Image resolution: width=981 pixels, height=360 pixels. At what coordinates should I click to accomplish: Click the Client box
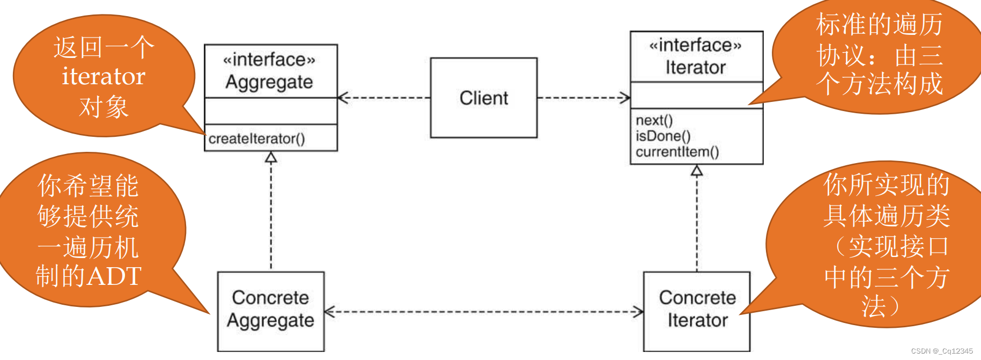coord(483,98)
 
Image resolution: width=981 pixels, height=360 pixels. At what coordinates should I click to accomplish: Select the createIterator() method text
coord(256,139)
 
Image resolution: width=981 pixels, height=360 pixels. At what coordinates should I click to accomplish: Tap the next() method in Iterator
coord(654,120)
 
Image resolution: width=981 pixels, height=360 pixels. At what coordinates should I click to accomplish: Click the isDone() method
coord(663,136)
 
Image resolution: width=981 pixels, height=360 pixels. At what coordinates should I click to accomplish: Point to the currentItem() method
coord(677,152)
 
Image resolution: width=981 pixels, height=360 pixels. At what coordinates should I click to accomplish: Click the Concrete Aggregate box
coord(270,311)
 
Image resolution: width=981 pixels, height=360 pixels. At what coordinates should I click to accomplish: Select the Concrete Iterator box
coord(696,311)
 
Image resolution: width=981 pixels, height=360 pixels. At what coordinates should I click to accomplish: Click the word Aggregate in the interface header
coord(269,82)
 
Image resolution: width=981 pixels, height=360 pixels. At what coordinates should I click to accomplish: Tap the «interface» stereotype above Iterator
coord(695,45)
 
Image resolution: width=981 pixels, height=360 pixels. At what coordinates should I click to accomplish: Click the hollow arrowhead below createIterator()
coord(271,157)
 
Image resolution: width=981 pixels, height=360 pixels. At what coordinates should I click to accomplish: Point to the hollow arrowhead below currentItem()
coord(697,171)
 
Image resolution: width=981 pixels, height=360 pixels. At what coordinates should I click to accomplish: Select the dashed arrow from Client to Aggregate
coord(383,98)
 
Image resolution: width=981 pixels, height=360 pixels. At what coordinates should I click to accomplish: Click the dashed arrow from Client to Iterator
coord(584,98)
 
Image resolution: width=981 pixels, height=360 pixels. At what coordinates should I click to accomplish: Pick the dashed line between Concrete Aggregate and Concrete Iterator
coord(483,312)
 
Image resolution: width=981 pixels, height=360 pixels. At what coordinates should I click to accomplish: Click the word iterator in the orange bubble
coord(104,77)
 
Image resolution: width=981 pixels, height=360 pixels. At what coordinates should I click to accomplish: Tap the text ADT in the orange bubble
coord(114,276)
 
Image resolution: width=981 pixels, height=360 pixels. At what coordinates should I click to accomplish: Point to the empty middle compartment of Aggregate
coord(270,111)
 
